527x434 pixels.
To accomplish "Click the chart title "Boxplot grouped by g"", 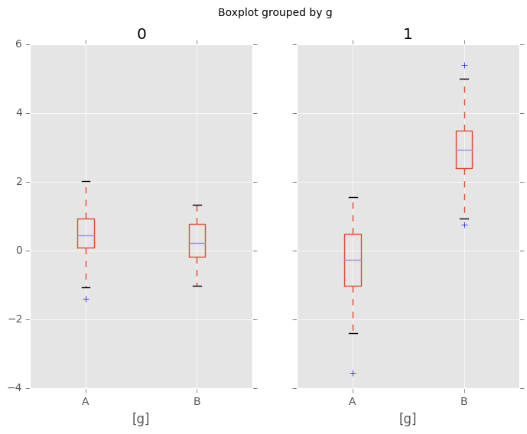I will point(275,12).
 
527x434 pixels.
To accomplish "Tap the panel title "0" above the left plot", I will point(142,34).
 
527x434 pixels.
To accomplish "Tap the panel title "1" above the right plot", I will point(408,34).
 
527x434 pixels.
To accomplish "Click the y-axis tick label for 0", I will point(19,251).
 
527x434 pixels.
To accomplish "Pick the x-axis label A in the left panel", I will point(86,401).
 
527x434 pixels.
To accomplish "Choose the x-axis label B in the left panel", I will point(197,401).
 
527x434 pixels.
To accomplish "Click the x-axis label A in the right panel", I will point(353,401).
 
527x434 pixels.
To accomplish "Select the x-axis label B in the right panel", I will point(464,401).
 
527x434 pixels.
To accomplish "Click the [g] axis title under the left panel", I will point(141,419).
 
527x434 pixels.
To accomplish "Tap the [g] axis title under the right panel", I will point(408,419).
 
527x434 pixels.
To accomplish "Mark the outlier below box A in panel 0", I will point(86,299).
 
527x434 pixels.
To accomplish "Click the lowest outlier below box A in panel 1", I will point(353,373).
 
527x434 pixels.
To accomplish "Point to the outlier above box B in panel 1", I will point(464,65).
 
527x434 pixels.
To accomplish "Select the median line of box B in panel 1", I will point(464,150).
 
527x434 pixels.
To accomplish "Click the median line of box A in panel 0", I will point(86,235).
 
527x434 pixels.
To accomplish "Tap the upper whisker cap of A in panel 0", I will point(86,181).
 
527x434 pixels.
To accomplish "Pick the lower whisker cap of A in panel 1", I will point(353,333).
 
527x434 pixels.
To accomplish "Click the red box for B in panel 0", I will point(197,229).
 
